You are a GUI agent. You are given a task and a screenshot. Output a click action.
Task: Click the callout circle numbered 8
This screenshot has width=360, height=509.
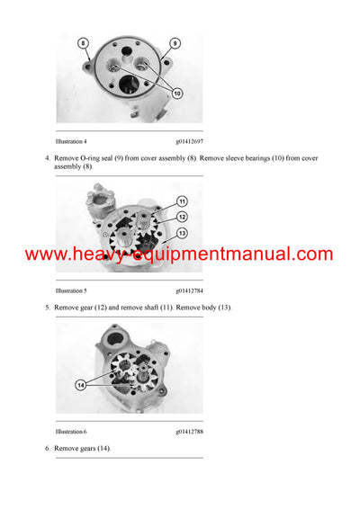[x=83, y=43]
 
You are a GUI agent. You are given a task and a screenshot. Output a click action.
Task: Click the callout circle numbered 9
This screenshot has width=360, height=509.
[x=174, y=43]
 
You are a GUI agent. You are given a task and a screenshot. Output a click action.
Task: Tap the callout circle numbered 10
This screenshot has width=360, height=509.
[x=176, y=94]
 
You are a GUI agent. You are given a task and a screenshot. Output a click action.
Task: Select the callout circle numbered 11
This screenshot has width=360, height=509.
[x=182, y=201]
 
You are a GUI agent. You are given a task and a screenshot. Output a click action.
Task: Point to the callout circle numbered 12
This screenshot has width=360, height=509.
[x=182, y=216]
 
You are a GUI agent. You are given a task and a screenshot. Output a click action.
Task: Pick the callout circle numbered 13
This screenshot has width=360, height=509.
[x=182, y=233]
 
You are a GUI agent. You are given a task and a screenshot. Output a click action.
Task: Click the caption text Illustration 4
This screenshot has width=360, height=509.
[x=71, y=140]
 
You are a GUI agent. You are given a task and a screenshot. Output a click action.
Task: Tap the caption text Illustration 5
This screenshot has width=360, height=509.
[x=71, y=290]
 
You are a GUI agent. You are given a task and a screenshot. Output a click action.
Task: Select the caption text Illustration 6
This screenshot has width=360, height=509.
[x=71, y=432]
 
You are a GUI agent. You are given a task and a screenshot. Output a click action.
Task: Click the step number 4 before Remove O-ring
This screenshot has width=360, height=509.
[x=47, y=158]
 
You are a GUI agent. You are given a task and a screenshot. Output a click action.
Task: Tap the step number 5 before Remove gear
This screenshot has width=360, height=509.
[x=47, y=308]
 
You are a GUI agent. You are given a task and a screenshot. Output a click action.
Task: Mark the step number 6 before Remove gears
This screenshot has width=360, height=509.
[x=47, y=448]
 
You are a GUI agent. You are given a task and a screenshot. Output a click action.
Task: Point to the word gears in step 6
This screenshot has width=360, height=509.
[x=97, y=448]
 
